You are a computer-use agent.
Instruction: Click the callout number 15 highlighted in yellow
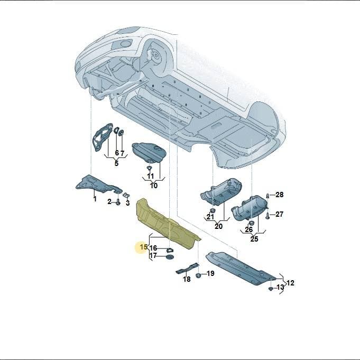pos(143,247)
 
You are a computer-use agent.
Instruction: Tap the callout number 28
pos(280,195)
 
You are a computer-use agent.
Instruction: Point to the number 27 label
pos(280,214)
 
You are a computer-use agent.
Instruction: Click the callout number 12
pos(290,283)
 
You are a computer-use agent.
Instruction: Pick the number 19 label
pos(210,273)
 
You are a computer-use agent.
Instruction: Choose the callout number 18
pos(187,279)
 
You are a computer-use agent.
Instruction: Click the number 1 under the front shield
pos(95,199)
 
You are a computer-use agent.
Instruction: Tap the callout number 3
pos(127,203)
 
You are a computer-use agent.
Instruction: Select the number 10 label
pos(154,185)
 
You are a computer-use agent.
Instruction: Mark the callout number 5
pos(116,163)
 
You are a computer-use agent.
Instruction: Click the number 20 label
pos(218,226)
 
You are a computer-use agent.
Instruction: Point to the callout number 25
pos(254,239)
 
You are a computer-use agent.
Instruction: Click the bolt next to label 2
pos(118,202)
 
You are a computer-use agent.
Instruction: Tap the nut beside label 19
pos(198,275)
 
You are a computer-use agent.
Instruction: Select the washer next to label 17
pos(170,257)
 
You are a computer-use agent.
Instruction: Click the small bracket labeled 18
pos(187,269)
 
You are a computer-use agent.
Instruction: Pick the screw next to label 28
pos(267,196)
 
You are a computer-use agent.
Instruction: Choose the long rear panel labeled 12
pos(241,268)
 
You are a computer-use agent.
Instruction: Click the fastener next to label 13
pos(271,289)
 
